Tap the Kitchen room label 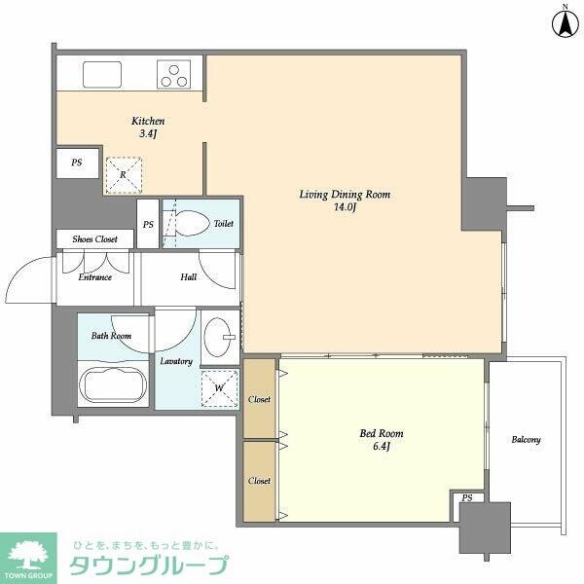[142, 128]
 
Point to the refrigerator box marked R [123, 175]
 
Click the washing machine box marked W [219, 387]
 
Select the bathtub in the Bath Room [113, 383]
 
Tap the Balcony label [526, 440]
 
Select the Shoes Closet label [94, 239]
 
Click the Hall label [188, 277]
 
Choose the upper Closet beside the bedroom [260, 399]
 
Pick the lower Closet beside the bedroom [260, 481]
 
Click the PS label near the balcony [468, 498]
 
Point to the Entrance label [94, 277]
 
